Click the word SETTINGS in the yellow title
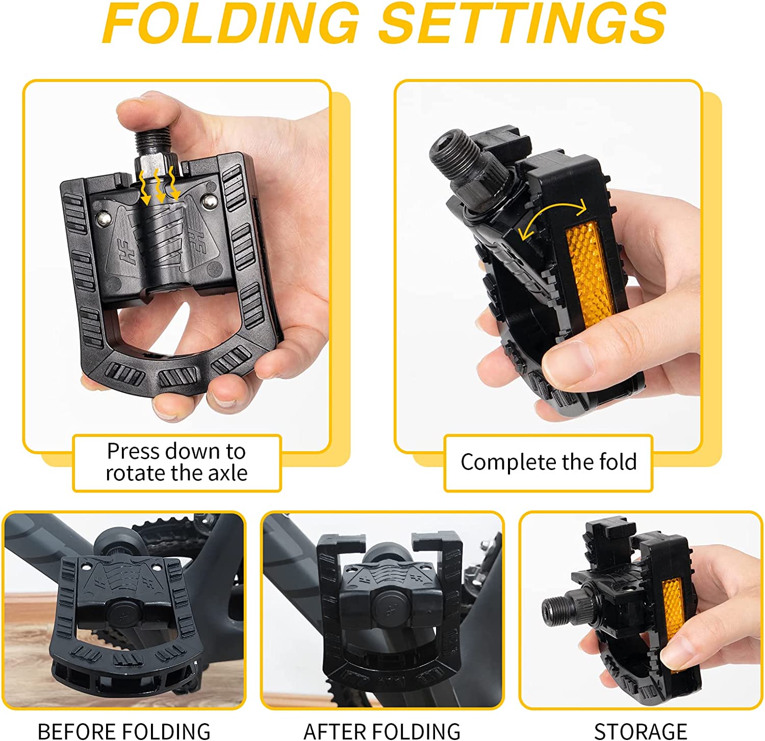[x=523, y=23]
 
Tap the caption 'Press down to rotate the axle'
[x=176, y=462]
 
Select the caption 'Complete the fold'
[x=549, y=462]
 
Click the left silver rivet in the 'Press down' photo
[x=103, y=219]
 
